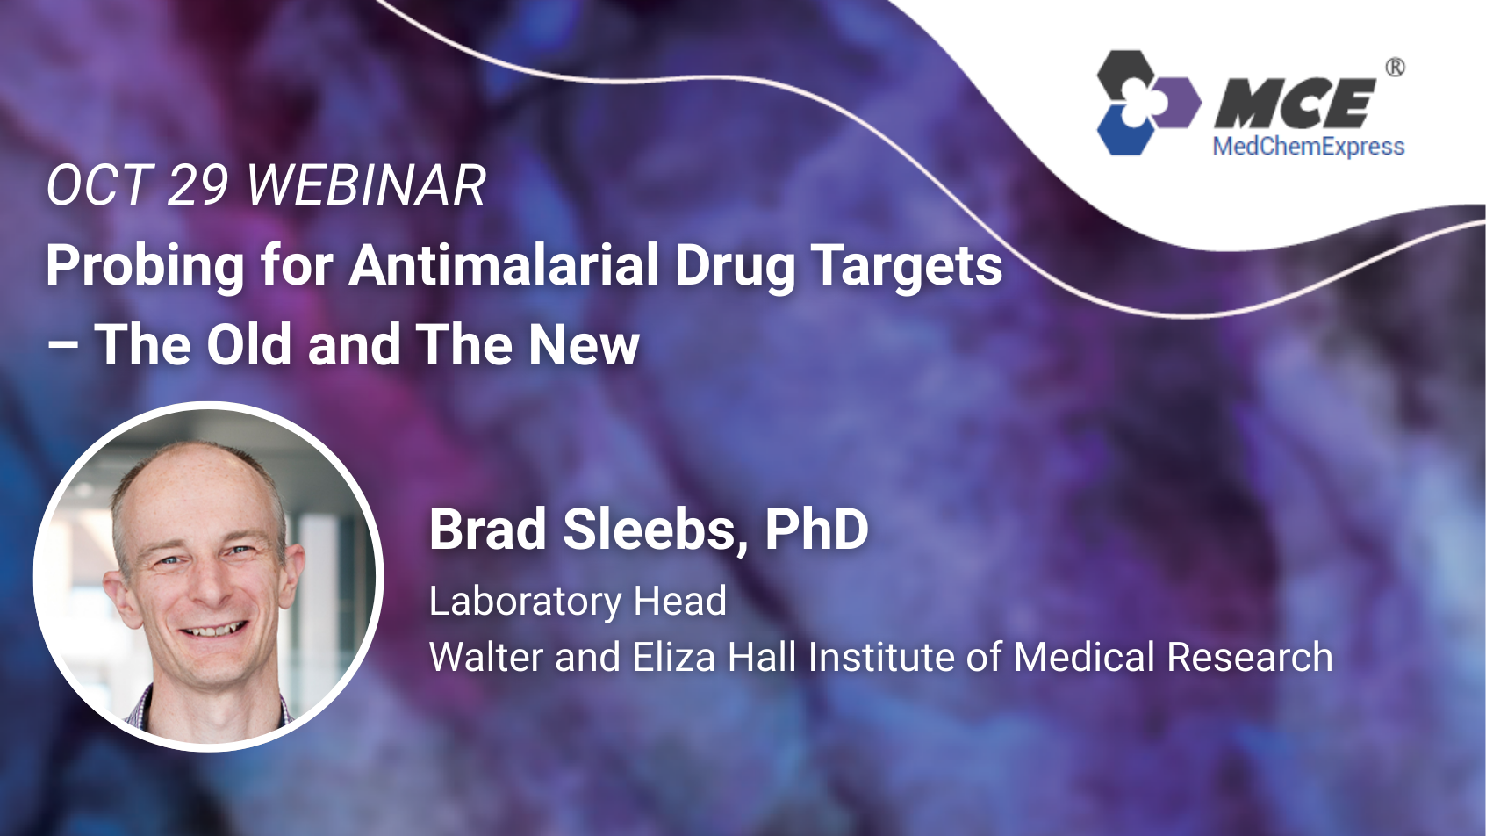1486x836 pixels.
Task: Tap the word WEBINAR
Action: pyautogui.click(x=366, y=185)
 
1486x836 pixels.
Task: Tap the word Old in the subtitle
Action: pyautogui.click(x=248, y=344)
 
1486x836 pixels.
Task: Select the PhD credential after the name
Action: pyautogui.click(x=816, y=529)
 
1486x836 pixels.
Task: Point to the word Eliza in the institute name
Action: pyautogui.click(x=674, y=657)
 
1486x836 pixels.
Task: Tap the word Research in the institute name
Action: pyautogui.click(x=1250, y=657)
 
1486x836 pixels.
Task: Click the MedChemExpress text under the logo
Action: pyautogui.click(x=1308, y=147)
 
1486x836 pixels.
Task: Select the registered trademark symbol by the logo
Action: pyautogui.click(x=1395, y=68)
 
